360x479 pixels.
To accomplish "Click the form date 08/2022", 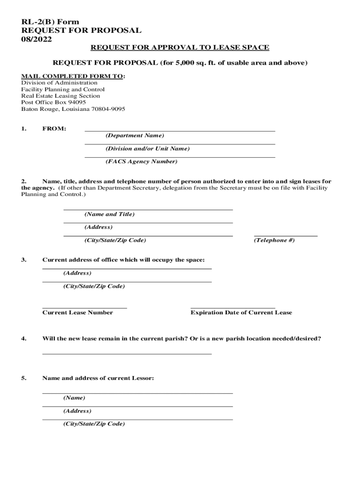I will pyautogui.click(x=36, y=39).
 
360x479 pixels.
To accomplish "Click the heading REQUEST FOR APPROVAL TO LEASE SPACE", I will pyautogui.click(x=180, y=48).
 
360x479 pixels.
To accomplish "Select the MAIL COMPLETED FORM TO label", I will pyautogui.click(x=72, y=76).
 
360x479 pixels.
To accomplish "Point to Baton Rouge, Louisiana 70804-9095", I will pyautogui.click(x=73, y=109).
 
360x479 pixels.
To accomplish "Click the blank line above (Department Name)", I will pyautogui.click(x=180, y=131).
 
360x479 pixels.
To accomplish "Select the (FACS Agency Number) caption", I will pyautogui.click(x=141, y=161).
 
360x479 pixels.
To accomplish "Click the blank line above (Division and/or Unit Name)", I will pyautogui.click(x=180, y=144).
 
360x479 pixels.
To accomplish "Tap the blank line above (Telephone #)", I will pyautogui.click(x=286, y=235).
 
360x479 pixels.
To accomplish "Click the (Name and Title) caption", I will pyautogui.click(x=109, y=214).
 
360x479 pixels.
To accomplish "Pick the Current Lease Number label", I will pyautogui.click(x=78, y=312).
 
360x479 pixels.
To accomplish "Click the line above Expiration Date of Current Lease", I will pyautogui.click(x=233, y=308).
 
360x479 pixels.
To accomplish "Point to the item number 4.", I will pyautogui.click(x=23, y=338).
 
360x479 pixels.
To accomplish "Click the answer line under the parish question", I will pyautogui.click(x=127, y=353).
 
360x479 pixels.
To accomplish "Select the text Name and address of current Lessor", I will pyautogui.click(x=98, y=378).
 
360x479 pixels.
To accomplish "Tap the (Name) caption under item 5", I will pyautogui.click(x=74, y=398).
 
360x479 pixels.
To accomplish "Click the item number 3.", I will pyautogui.click(x=23, y=260).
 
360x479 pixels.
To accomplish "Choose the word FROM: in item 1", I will pyautogui.click(x=54, y=129).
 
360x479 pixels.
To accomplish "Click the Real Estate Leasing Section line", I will pyautogui.click(x=60, y=96).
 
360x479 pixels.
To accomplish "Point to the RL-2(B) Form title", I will pyautogui.click(x=50, y=22).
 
